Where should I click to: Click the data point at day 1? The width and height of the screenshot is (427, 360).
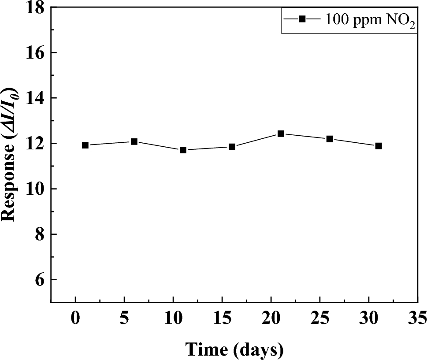click(85, 145)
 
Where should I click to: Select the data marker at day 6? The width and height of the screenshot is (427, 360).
click(134, 141)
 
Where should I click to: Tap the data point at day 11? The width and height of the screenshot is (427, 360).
click(183, 150)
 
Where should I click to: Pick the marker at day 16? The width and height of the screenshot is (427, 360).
click(232, 147)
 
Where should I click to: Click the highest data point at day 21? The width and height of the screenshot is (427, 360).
click(281, 134)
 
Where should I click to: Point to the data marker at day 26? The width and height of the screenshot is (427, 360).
click(330, 139)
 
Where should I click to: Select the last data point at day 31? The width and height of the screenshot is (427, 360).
click(379, 146)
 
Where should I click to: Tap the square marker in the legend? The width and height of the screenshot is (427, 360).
click(302, 19)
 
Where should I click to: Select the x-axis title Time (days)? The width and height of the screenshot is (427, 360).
click(234, 349)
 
